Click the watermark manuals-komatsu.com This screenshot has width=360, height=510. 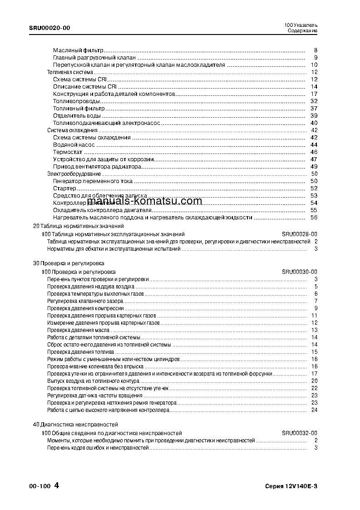tap(144, 201)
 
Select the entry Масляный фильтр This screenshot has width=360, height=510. tap(78, 50)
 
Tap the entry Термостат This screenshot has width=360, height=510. tap(68, 152)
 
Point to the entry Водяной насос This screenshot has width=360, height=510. tap(74, 144)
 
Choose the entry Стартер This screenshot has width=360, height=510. tap(64, 188)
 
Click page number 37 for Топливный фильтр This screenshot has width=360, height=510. tap(314, 108)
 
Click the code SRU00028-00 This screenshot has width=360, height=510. tap(299, 233)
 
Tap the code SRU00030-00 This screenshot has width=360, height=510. tap(299, 272)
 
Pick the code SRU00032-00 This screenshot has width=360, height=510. tap(299, 433)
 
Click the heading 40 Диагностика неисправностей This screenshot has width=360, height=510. tap(72, 424)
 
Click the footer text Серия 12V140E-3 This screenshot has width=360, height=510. tap(291, 486)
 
